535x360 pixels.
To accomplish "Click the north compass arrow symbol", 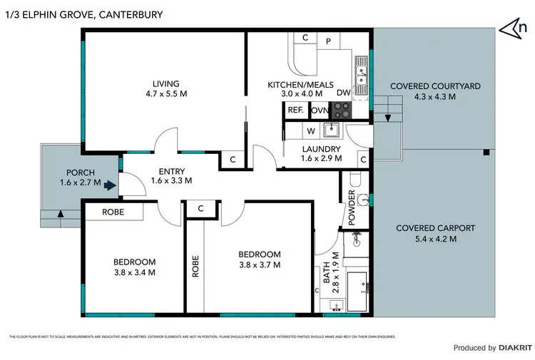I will click(x=514, y=27).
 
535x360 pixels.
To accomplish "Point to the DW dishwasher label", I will click(x=343, y=93).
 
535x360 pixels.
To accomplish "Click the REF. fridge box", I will click(x=295, y=110).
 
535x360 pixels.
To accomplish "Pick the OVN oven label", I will click(x=319, y=110).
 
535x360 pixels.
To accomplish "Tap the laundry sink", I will click(x=331, y=130).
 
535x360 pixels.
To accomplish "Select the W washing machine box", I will click(x=311, y=130).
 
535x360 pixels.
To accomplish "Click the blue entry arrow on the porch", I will click(x=108, y=186).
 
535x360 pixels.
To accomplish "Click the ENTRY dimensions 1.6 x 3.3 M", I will click(x=172, y=181).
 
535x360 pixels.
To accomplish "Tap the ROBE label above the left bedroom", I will click(x=113, y=212).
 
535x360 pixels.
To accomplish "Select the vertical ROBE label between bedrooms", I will click(x=195, y=267).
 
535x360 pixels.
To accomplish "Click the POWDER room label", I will click(x=352, y=207).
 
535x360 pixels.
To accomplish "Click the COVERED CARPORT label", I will click(x=435, y=228).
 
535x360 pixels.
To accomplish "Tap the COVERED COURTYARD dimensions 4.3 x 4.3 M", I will click(x=434, y=97).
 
